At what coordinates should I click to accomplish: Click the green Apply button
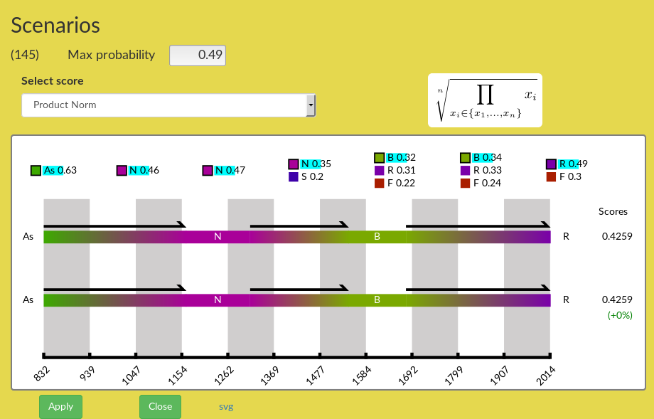point(60,406)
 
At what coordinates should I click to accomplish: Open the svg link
point(226,407)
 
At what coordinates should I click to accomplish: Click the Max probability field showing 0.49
point(198,55)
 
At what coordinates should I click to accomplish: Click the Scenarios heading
point(55,25)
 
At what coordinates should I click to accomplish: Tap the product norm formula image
point(485,100)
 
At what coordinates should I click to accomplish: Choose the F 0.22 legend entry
point(392,184)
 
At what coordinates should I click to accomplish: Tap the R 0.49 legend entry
point(567,164)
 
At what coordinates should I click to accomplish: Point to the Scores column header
point(613,211)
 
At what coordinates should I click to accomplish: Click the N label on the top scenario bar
point(218,237)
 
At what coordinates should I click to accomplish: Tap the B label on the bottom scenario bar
point(377,300)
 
